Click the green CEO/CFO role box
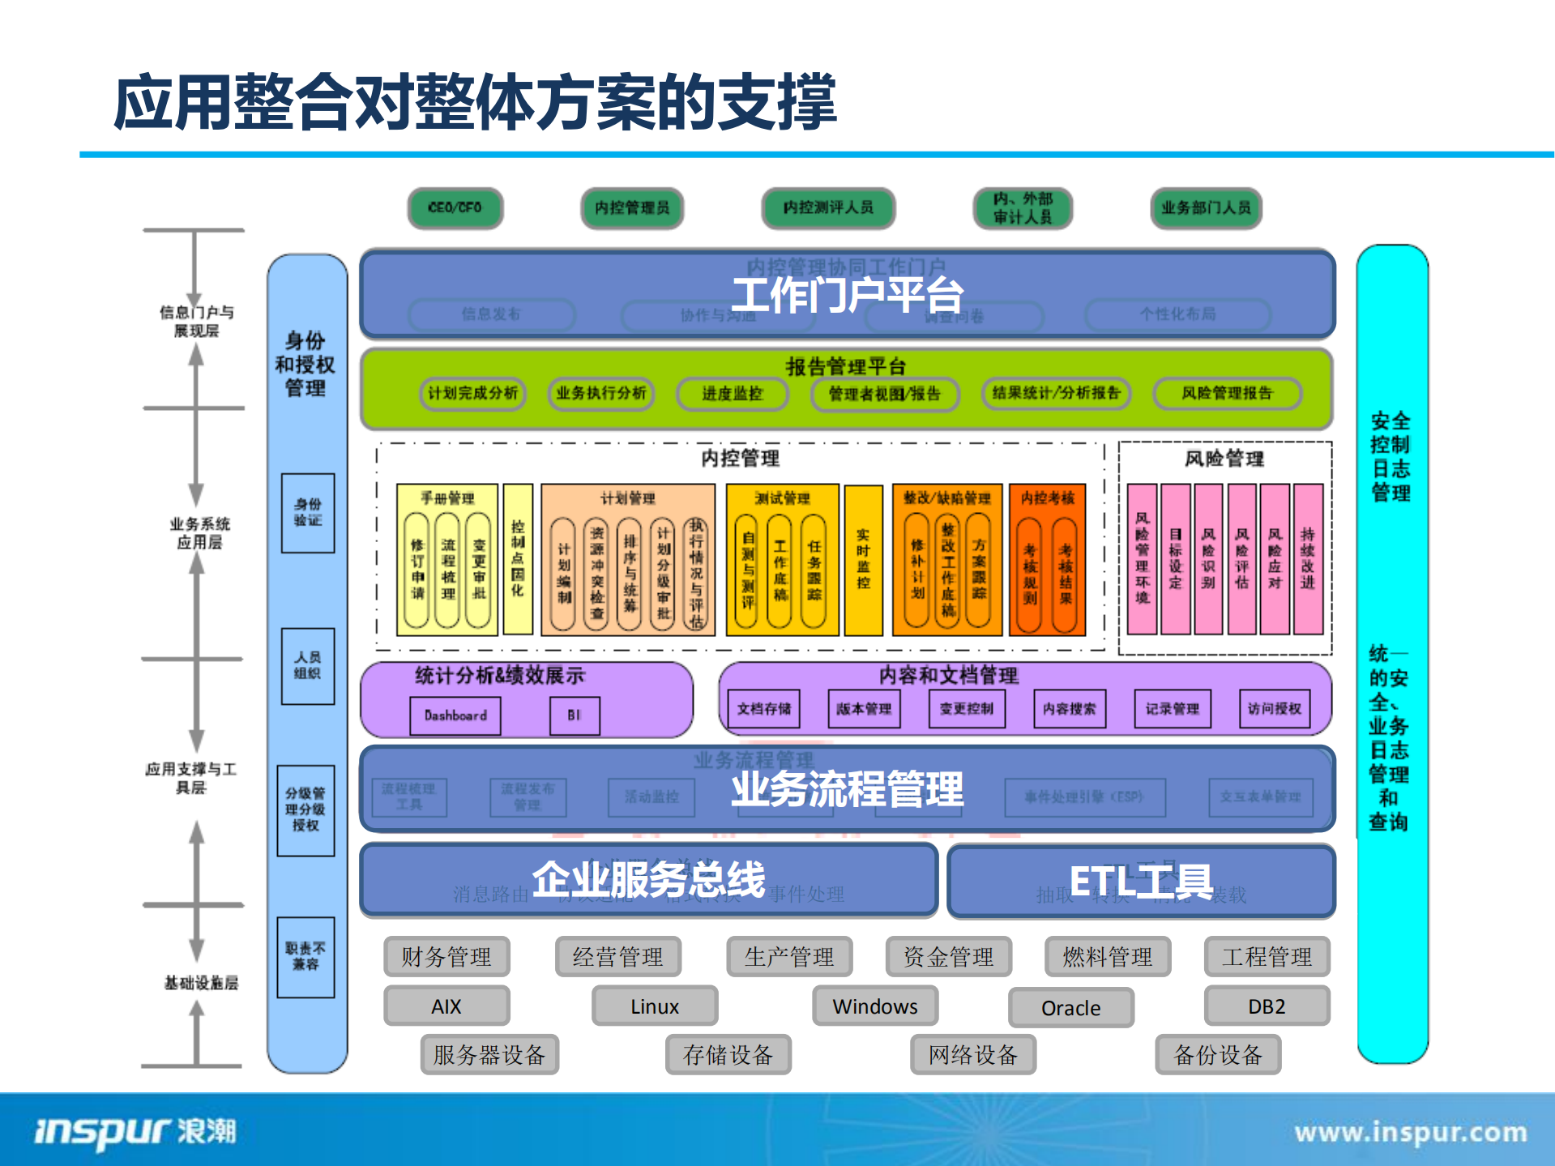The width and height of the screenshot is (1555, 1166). tap(455, 208)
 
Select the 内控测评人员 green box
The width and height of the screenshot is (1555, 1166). tap(828, 208)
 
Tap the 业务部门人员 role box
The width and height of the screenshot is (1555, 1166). tap(1206, 208)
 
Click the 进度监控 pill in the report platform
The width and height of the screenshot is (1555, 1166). tap(732, 394)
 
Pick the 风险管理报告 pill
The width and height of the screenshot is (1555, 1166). tap(1227, 394)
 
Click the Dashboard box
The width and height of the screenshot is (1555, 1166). tap(455, 715)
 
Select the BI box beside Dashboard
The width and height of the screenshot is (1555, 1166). tap(575, 715)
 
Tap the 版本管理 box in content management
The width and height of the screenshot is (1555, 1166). tap(864, 709)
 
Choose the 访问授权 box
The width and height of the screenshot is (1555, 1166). tap(1274, 709)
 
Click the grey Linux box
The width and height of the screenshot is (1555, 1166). tap(655, 1006)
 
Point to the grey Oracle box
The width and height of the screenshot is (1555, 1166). tap(1070, 1008)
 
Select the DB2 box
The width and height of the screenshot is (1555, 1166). tap(1267, 1006)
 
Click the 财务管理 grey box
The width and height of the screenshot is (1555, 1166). tap(446, 957)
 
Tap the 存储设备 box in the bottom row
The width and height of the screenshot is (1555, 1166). tap(728, 1055)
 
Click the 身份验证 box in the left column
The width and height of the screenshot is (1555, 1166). tap(308, 513)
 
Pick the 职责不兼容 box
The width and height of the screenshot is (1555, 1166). tap(305, 957)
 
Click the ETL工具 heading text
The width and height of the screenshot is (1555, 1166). tap(1141, 882)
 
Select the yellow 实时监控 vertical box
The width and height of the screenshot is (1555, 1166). tap(863, 560)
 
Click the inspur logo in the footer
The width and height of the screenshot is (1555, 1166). tap(135, 1131)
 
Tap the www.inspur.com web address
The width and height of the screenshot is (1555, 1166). tap(1410, 1132)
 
